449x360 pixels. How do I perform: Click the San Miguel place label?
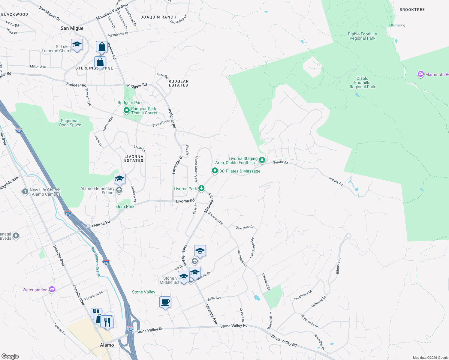click(73, 28)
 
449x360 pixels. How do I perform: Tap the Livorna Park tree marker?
click(201, 188)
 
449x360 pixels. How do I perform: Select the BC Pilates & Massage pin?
click(215, 171)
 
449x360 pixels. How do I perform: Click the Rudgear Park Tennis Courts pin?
click(127, 111)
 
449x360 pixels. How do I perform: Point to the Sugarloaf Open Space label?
click(70, 123)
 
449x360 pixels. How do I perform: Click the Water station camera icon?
click(52, 289)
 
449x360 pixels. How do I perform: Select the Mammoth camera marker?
click(421, 74)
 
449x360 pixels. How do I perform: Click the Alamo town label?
click(107, 345)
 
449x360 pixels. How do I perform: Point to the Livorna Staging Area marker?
click(262, 160)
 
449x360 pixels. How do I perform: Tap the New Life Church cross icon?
click(25, 191)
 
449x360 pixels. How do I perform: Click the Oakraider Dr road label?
click(245, 228)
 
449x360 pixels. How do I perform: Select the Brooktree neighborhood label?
click(412, 10)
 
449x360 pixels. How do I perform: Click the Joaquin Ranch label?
click(158, 17)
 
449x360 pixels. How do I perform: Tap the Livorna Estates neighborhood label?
click(134, 158)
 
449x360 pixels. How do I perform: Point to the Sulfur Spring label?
click(396, 25)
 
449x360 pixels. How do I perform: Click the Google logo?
click(10, 356)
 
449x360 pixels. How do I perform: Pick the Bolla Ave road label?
click(214, 298)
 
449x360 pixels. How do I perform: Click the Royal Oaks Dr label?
click(310, 321)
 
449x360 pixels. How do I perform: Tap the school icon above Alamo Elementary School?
click(119, 179)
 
